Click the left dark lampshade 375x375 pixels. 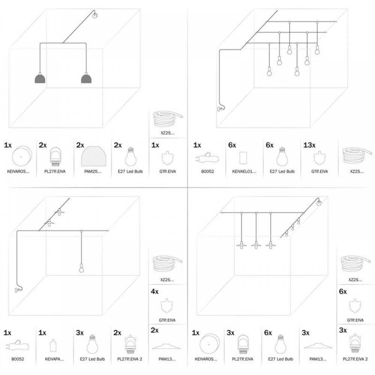coord(40,78)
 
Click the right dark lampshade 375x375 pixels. coord(87,78)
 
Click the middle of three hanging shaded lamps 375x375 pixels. coord(256,245)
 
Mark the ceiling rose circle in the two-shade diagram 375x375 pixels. coord(95,15)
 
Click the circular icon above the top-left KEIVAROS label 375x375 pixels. coord(21,156)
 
